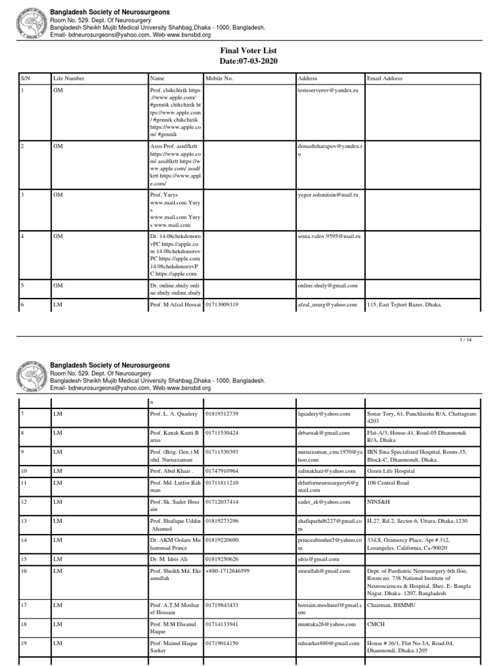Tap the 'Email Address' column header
pos(385,79)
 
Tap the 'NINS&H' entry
pos(378,502)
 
